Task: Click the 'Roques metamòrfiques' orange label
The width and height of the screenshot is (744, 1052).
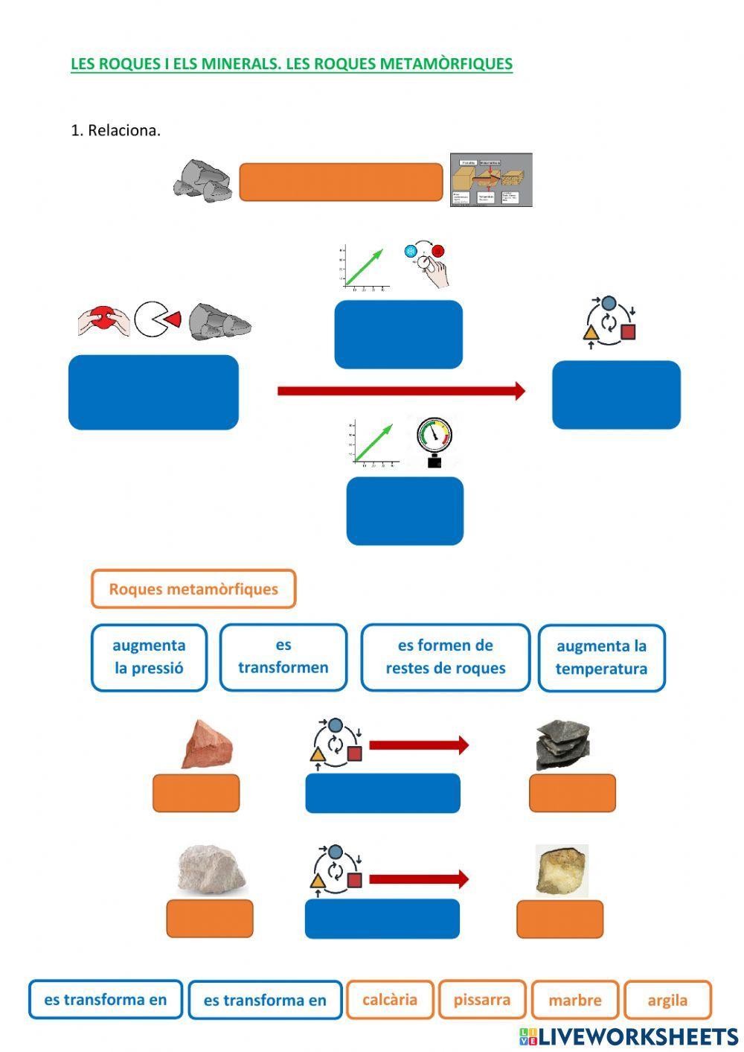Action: coord(193,589)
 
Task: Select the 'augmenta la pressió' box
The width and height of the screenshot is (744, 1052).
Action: coord(149,657)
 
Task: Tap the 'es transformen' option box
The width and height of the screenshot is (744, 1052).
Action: coord(283,657)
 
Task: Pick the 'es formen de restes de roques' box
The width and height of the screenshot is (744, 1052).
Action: coord(445,657)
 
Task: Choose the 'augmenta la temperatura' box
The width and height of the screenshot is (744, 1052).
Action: coord(601,657)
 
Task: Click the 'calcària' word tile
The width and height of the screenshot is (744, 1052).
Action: coord(389,1000)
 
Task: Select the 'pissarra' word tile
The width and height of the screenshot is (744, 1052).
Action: coord(482,1000)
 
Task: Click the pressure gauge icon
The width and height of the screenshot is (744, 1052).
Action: coord(434,441)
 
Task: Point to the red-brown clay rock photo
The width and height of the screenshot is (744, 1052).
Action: coord(208,745)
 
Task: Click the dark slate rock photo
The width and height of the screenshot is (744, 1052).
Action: coord(562,745)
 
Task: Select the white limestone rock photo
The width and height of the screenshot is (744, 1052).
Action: coord(212,869)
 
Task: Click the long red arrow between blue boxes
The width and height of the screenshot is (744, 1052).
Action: coord(401,391)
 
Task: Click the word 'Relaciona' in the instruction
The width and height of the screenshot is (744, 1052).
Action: coord(123,130)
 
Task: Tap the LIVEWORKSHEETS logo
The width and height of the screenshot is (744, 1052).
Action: coord(629,1036)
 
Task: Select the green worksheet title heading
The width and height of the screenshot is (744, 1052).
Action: coord(292,64)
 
